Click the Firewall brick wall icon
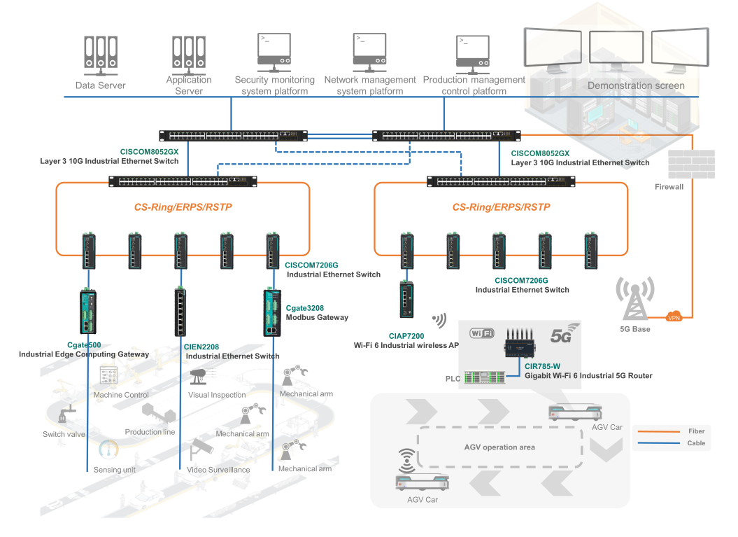tap(691, 164)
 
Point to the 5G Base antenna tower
tap(635, 299)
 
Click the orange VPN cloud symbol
tap(674, 316)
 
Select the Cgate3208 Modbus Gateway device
tap(272, 313)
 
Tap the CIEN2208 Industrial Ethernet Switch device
tap(180, 312)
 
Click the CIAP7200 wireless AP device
tap(406, 300)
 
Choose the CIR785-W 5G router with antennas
tap(520, 342)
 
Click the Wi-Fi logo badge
tap(482, 333)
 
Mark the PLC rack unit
tap(484, 377)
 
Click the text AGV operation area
tap(499, 447)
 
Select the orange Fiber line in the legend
tap(658, 431)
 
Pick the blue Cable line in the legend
tap(658, 443)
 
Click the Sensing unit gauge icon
tap(108, 449)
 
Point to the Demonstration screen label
tap(636, 85)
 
